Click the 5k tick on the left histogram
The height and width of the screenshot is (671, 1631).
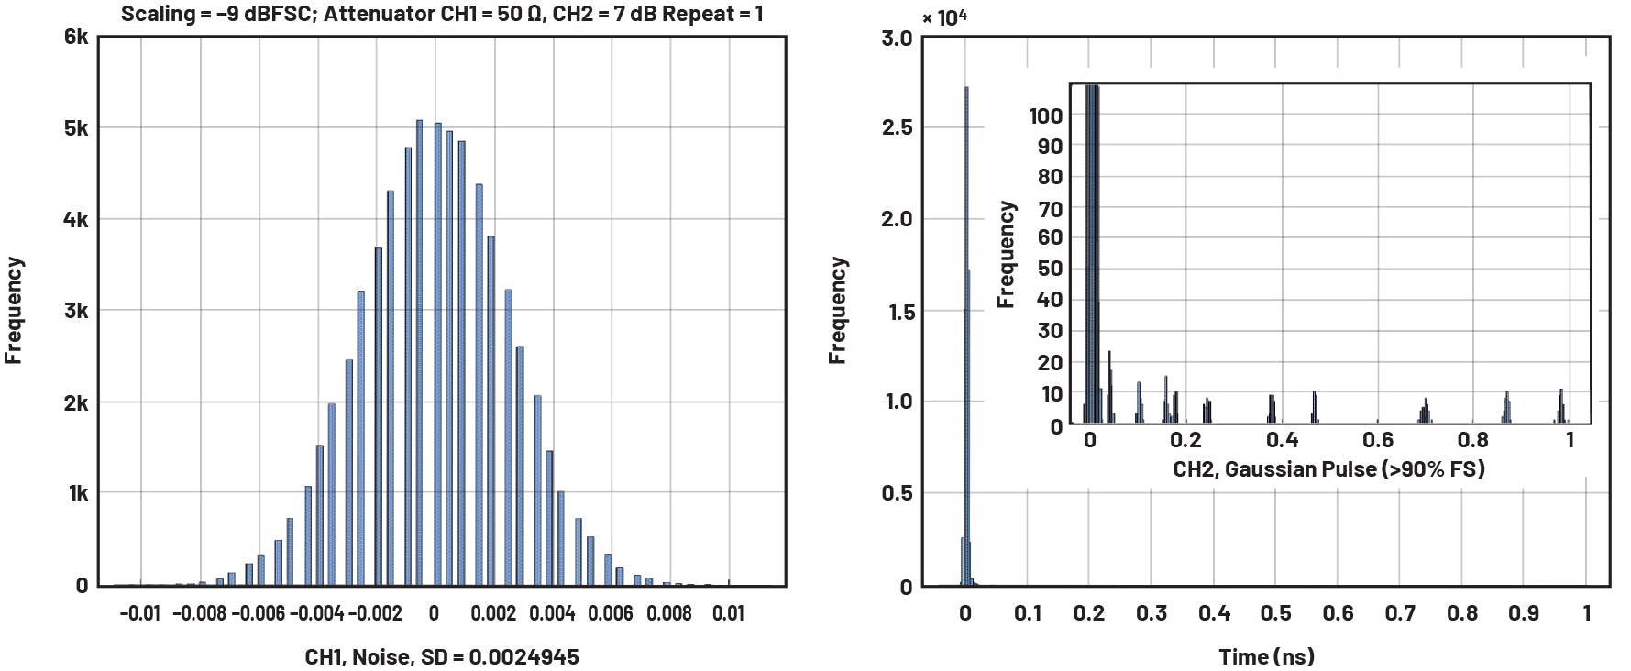[76, 127]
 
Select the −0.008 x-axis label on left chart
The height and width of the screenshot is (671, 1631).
[198, 613]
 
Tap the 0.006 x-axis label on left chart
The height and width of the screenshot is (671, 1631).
[611, 613]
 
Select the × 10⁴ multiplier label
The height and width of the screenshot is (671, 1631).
[945, 17]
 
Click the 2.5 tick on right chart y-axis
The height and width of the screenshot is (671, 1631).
[897, 127]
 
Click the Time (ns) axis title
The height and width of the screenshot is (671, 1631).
[1266, 656]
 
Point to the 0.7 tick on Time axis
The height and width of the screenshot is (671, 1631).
[1400, 613]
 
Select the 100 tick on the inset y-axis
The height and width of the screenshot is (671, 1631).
[1045, 115]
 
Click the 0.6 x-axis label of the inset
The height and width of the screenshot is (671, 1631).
[1378, 440]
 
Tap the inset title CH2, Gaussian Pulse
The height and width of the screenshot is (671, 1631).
[1328, 469]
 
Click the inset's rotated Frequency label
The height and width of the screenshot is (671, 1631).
[1007, 255]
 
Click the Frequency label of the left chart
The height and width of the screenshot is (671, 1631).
[13, 310]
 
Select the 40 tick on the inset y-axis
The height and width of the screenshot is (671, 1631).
[1050, 299]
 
